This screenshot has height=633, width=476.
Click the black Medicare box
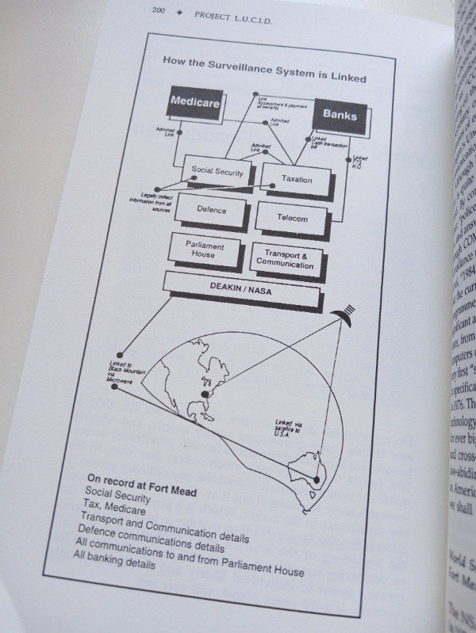[x=194, y=104]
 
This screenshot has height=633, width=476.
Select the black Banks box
[x=340, y=115]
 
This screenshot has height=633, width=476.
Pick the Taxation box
[x=297, y=180]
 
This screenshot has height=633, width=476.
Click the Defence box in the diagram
[x=211, y=210]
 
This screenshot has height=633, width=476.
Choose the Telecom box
[x=292, y=217]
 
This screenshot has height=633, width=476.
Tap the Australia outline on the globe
[x=311, y=473]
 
